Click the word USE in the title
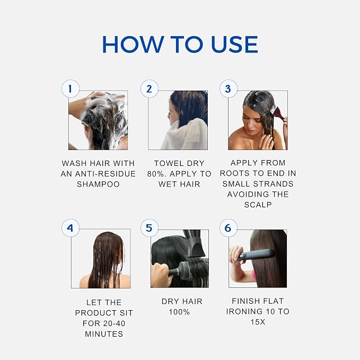pyautogui.click(x=234, y=45)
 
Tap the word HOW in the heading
pyautogui.click(x=133, y=45)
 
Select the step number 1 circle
pyautogui.click(x=71, y=89)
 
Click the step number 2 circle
pyautogui.click(x=150, y=89)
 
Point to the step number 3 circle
pyautogui.click(x=228, y=89)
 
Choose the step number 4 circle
pyautogui.click(x=71, y=228)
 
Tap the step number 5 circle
pyautogui.click(x=150, y=228)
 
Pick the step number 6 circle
pyautogui.click(x=228, y=228)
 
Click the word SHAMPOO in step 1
pyautogui.click(x=98, y=184)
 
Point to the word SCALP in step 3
pyautogui.click(x=258, y=205)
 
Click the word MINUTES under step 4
pyautogui.click(x=104, y=334)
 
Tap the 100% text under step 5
pyautogui.click(x=179, y=312)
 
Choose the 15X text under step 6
pyautogui.click(x=258, y=322)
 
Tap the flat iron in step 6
pyautogui.click(x=256, y=254)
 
